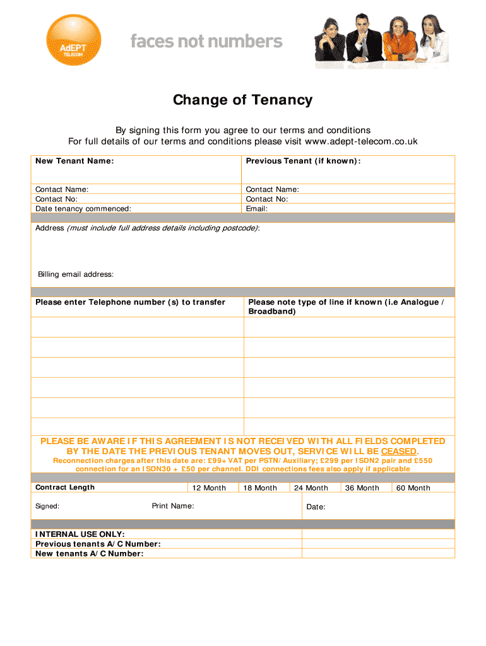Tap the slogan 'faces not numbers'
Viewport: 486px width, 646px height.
click(x=206, y=42)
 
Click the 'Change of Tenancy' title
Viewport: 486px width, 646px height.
click(x=243, y=100)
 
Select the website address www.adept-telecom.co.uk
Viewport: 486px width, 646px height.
click(x=361, y=141)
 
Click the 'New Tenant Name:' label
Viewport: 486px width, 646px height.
click(x=74, y=161)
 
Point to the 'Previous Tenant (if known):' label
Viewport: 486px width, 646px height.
click(x=303, y=161)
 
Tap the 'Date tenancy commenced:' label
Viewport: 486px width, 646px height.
click(x=83, y=208)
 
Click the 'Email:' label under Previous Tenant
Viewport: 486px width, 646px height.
click(x=257, y=208)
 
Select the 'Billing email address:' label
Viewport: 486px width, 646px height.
click(x=76, y=274)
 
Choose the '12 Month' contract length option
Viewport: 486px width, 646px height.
click(x=209, y=488)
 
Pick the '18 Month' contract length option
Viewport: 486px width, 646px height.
click(x=260, y=488)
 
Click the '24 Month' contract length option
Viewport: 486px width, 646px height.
click(x=311, y=488)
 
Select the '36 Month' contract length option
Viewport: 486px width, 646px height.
click(x=362, y=488)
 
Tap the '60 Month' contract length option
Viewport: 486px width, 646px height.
click(x=413, y=488)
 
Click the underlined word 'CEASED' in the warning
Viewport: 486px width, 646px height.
click(x=399, y=452)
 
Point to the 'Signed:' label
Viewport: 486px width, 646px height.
click(x=47, y=506)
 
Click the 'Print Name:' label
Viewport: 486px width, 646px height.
click(x=173, y=506)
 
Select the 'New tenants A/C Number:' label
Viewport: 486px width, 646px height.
click(x=90, y=553)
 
